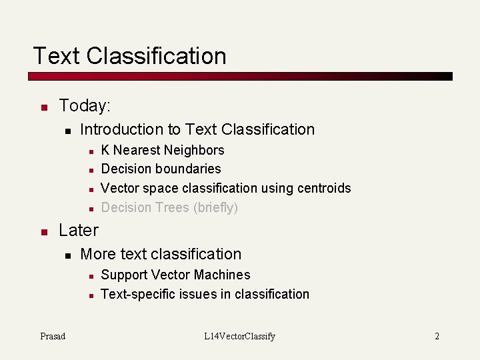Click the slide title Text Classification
[129, 55]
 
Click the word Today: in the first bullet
[85, 105]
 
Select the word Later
[79, 230]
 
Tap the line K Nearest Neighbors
[162, 150]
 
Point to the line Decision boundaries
[161, 169]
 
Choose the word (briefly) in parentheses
[215, 207]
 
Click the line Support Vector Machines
[175, 275]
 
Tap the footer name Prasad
[53, 336]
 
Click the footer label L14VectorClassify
[239, 336]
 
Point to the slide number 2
[437, 336]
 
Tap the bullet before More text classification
[67, 255]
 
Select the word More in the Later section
[95, 254]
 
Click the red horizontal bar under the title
[240, 77]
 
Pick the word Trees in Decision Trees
[172, 207]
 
